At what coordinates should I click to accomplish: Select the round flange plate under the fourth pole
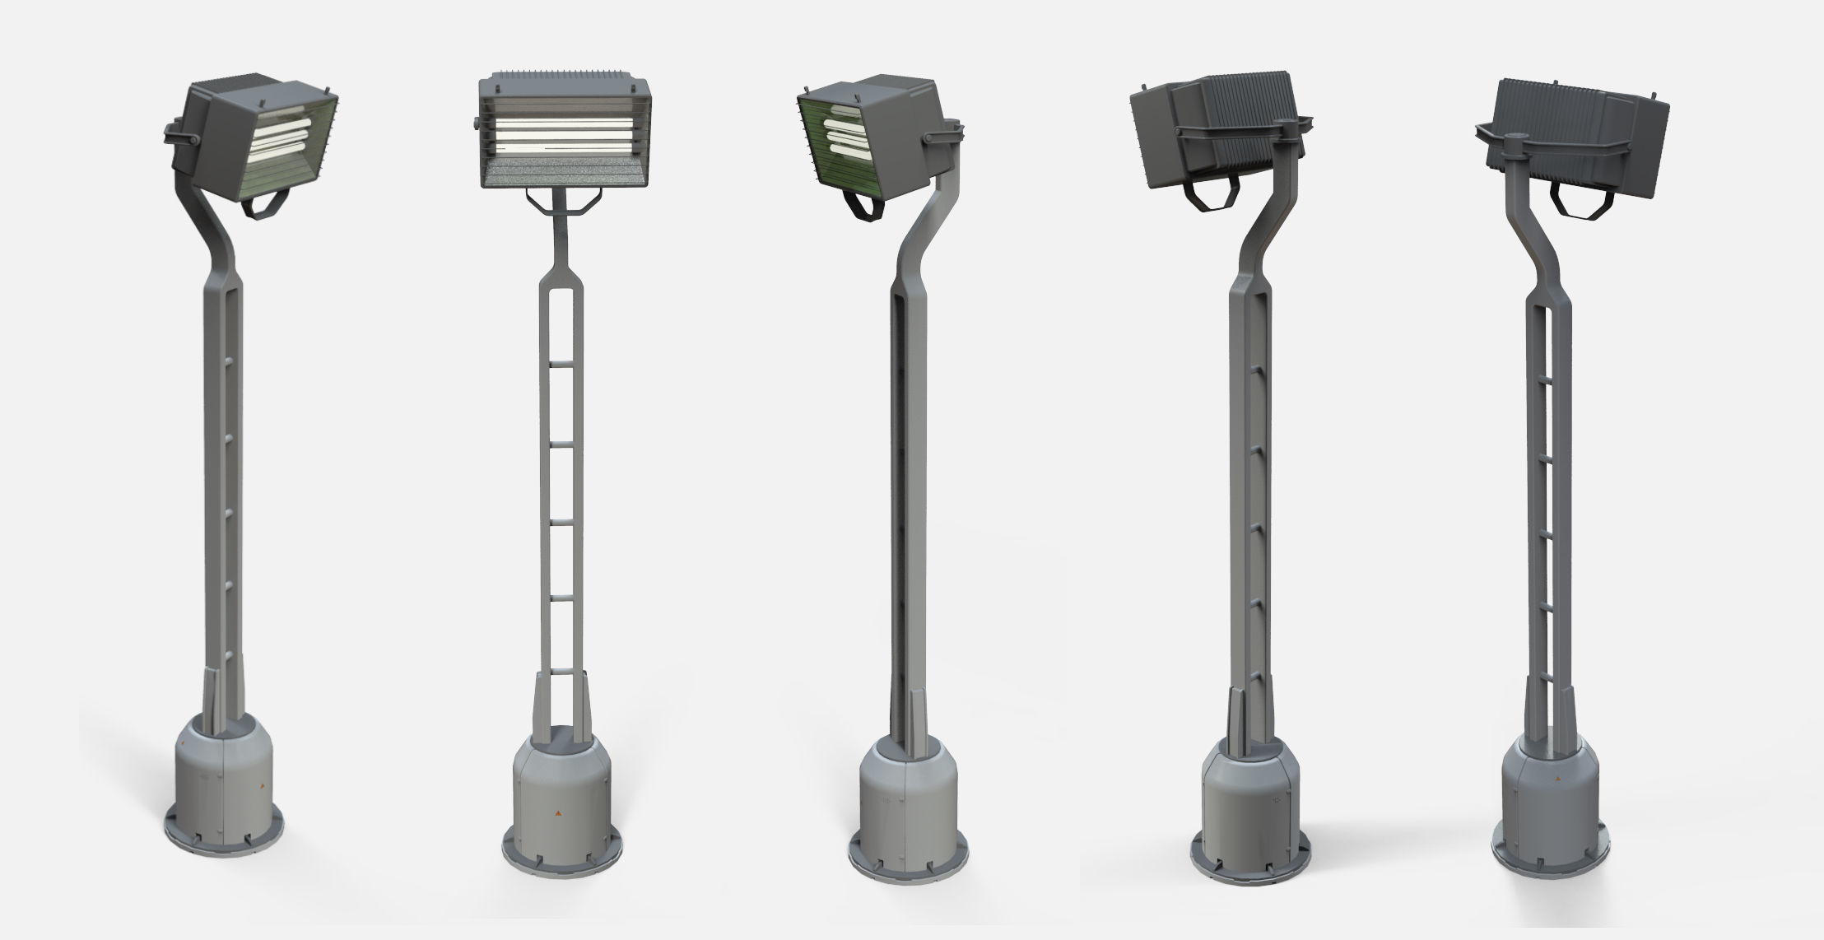point(1250,873)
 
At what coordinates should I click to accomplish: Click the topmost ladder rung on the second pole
point(562,369)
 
